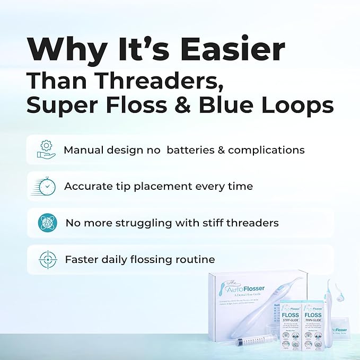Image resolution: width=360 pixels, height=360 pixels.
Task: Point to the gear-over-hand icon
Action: point(47,150)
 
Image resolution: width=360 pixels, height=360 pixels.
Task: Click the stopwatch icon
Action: point(47,186)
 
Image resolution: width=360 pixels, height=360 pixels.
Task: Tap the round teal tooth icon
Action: point(47,223)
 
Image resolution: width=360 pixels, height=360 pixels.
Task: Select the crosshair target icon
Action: point(47,259)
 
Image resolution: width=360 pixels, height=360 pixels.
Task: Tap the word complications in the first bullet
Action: point(266,150)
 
